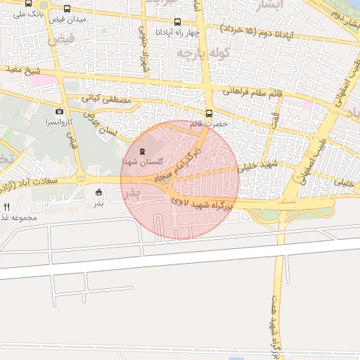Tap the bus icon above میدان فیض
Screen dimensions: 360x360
(x=67, y=9)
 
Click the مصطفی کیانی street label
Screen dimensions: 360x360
(x=106, y=101)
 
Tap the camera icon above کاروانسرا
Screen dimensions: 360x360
(x=59, y=111)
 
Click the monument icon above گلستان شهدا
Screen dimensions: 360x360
(x=142, y=151)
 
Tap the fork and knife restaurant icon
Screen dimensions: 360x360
(x=7, y=207)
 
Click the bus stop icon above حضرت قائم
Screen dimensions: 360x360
(x=209, y=113)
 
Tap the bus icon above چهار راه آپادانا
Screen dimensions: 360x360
(x=176, y=22)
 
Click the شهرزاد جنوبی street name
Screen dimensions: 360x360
(x=146, y=44)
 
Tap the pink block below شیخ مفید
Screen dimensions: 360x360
(x=43, y=81)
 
